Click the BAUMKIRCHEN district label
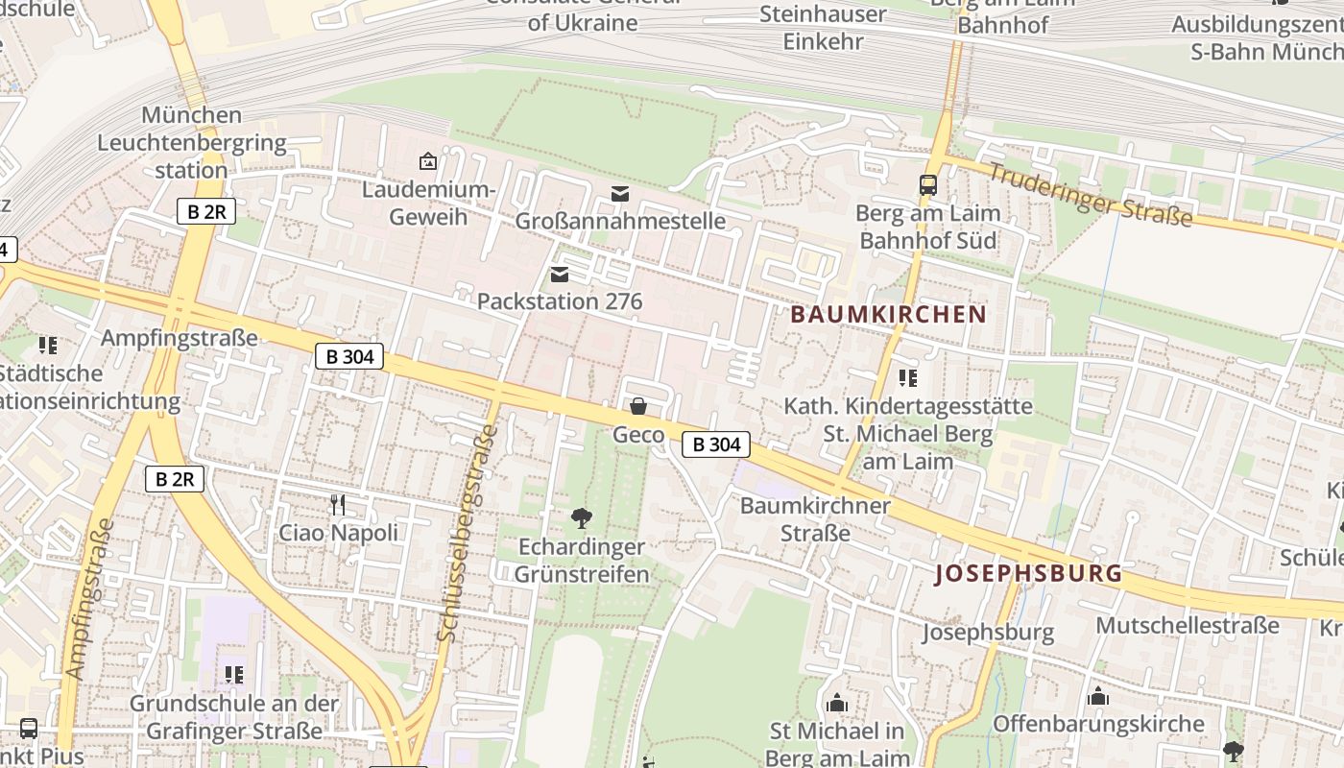coord(888,315)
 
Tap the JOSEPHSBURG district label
coord(1028,574)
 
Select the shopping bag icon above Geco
coord(637,407)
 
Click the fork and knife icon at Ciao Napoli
coord(337,504)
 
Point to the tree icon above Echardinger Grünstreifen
coord(581,519)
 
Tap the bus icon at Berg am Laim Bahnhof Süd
coord(927,185)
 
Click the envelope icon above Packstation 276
coord(560,276)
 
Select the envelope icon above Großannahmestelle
coord(620,195)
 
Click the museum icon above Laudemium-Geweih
coord(428,161)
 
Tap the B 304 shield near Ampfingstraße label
coord(349,357)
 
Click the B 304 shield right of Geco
coord(716,444)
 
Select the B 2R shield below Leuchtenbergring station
coord(205,212)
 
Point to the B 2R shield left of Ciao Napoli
coord(175,479)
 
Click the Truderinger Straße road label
coord(1090,196)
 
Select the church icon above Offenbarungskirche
coord(1097,696)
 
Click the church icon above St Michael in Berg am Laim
coord(837,704)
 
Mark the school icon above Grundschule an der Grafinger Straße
coord(233,675)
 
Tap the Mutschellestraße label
coord(1188,626)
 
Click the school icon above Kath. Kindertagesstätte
coord(907,378)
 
